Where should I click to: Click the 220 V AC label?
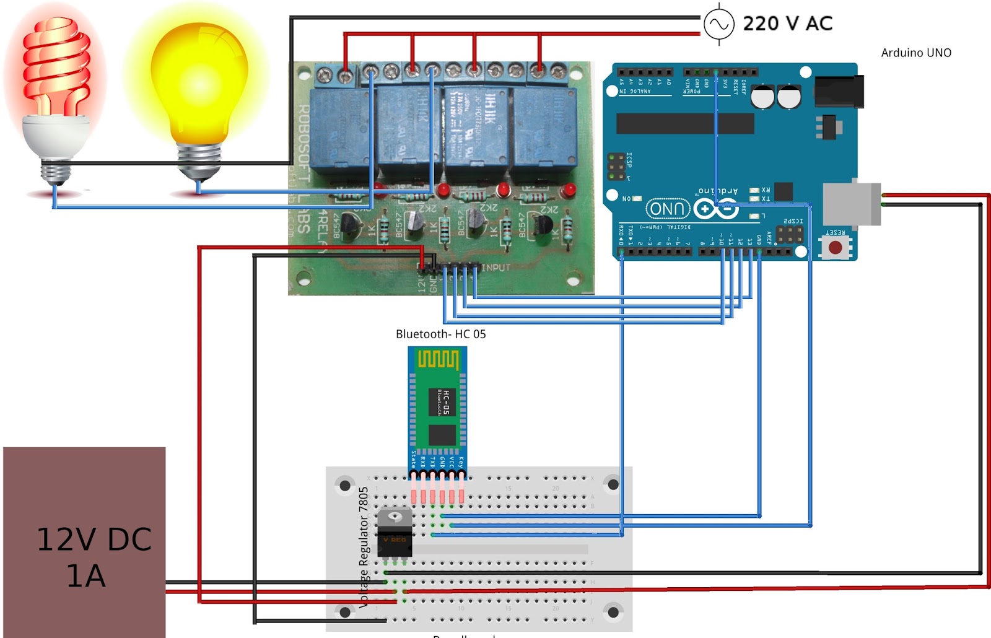click(x=787, y=24)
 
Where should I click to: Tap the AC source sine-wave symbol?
click(x=718, y=24)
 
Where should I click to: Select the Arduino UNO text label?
click(x=916, y=53)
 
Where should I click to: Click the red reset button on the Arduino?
click(x=835, y=248)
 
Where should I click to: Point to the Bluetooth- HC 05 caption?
click(x=440, y=334)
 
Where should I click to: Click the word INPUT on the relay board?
click(x=496, y=268)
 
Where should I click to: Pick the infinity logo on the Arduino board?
click(x=715, y=209)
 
